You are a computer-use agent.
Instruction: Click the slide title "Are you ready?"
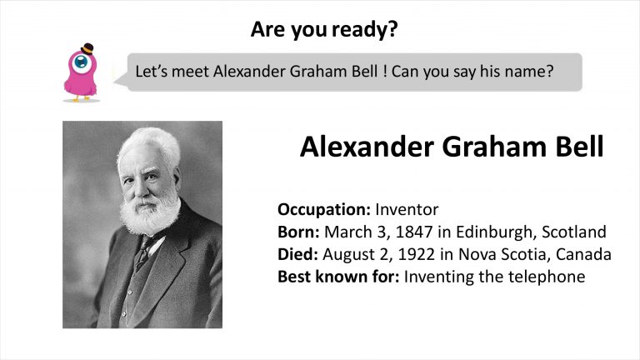324,29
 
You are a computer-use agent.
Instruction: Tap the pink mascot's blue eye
81,62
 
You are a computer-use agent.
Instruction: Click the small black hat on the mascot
87,49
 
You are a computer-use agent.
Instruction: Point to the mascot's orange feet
81,98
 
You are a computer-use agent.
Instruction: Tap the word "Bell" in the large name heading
580,147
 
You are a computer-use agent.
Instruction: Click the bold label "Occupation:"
324,210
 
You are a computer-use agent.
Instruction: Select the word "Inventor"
407,209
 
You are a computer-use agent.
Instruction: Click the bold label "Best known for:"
338,277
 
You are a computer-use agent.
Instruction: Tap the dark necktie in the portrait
142,252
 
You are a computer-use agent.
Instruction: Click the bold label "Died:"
297,254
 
